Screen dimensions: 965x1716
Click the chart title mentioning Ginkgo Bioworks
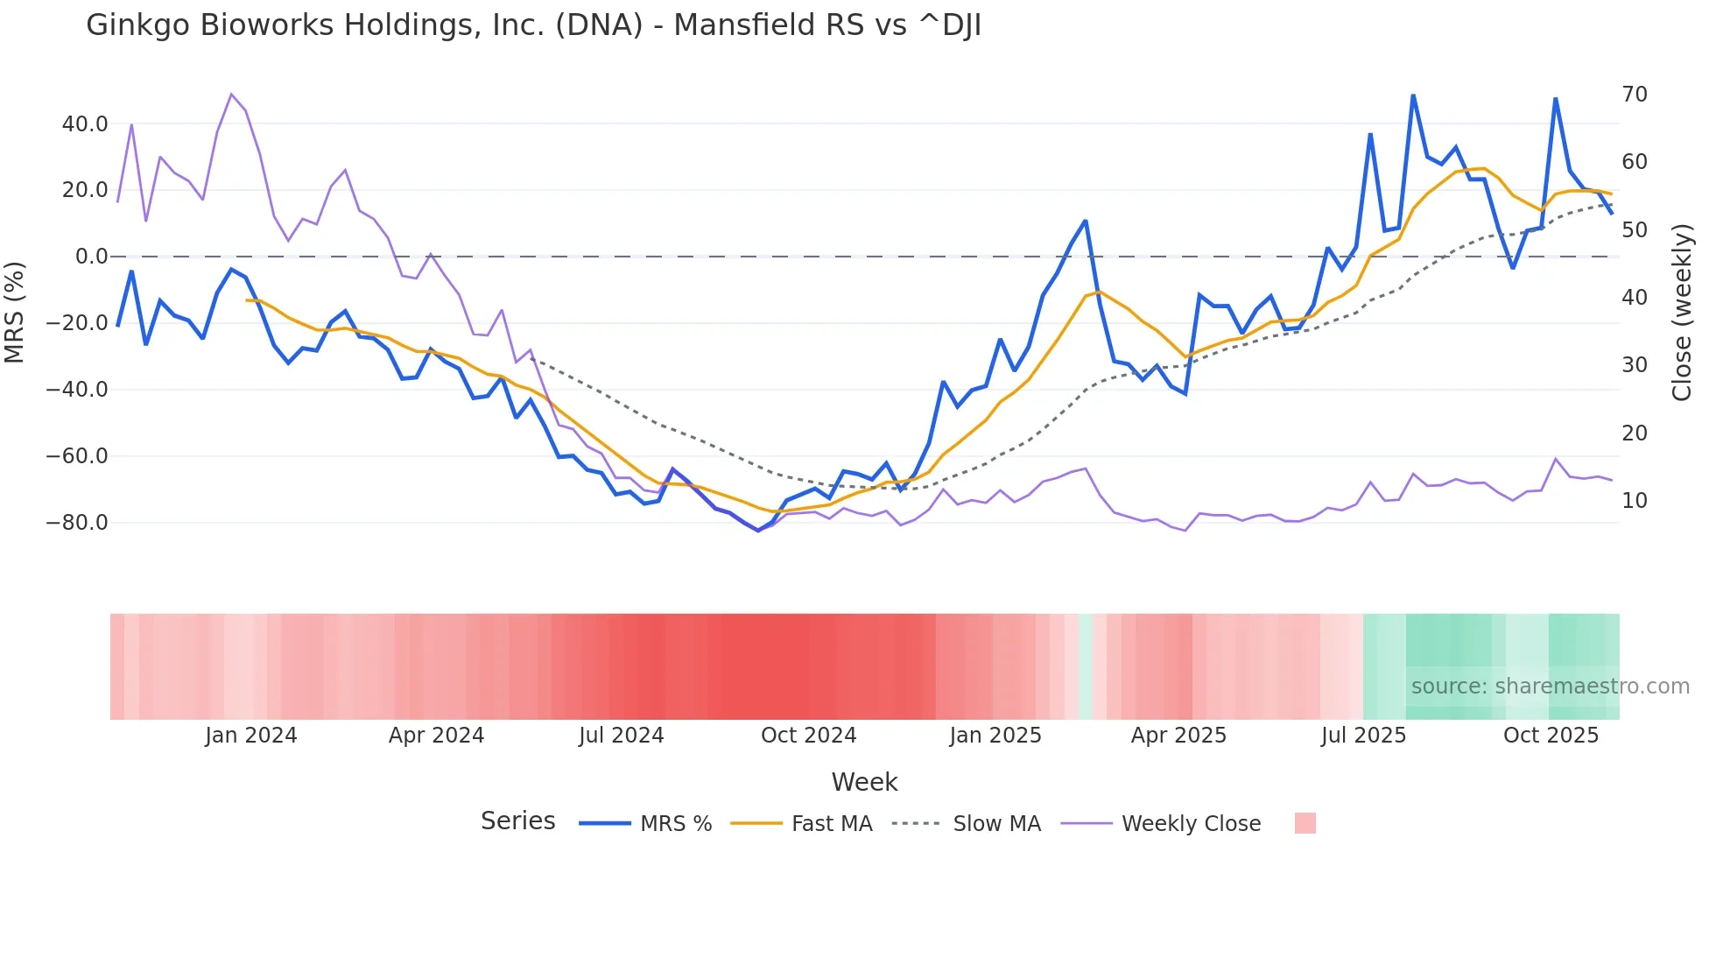click(533, 25)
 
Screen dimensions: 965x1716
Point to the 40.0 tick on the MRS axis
click(85, 124)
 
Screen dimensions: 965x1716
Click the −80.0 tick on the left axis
click(77, 523)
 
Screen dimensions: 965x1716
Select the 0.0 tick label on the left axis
click(92, 257)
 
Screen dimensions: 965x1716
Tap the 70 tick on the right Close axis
click(1635, 95)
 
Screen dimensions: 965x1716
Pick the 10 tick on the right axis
click(1635, 501)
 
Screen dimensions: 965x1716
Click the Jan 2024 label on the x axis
click(251, 736)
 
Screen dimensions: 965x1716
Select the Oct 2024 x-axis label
click(808, 736)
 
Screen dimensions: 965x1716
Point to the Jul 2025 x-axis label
click(1363, 736)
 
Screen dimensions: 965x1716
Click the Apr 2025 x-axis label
click(1178, 736)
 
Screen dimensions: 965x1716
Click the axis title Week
click(864, 782)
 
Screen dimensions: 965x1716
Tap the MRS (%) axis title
click(15, 312)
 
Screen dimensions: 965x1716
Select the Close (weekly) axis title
click(1682, 313)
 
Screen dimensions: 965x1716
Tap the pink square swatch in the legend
click(1305, 823)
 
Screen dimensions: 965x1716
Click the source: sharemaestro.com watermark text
click(1550, 687)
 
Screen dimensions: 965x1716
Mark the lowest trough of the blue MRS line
click(758, 531)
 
